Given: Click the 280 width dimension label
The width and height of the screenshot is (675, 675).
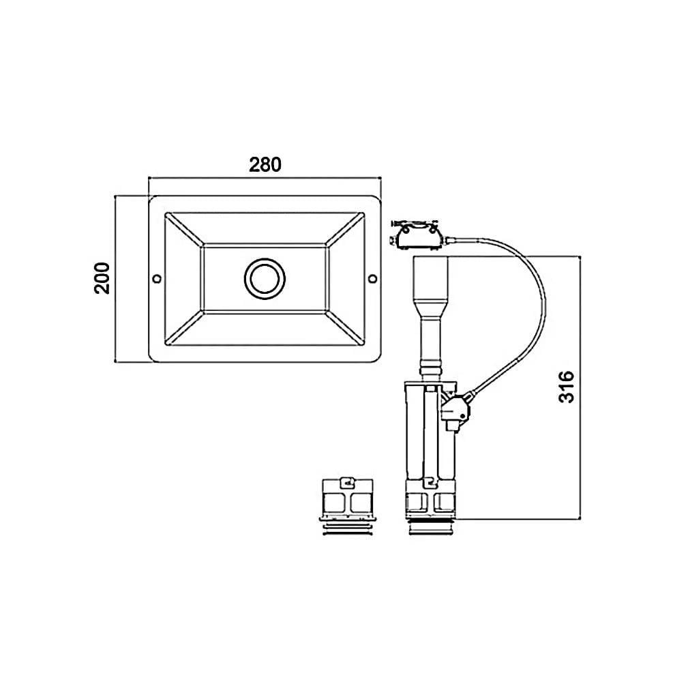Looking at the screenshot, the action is coord(265,164).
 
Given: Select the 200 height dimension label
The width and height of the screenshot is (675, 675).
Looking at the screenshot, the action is coord(102,278).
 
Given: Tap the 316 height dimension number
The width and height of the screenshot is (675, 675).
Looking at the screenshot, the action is coord(567,387).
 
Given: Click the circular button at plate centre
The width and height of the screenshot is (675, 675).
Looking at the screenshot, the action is coord(265,279).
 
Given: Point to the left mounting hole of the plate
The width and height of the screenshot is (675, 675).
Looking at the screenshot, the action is coord(157,279).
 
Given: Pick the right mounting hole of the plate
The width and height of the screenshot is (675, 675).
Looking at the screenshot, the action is coord(373,279).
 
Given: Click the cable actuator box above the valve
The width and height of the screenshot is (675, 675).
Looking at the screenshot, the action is coord(415,235).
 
